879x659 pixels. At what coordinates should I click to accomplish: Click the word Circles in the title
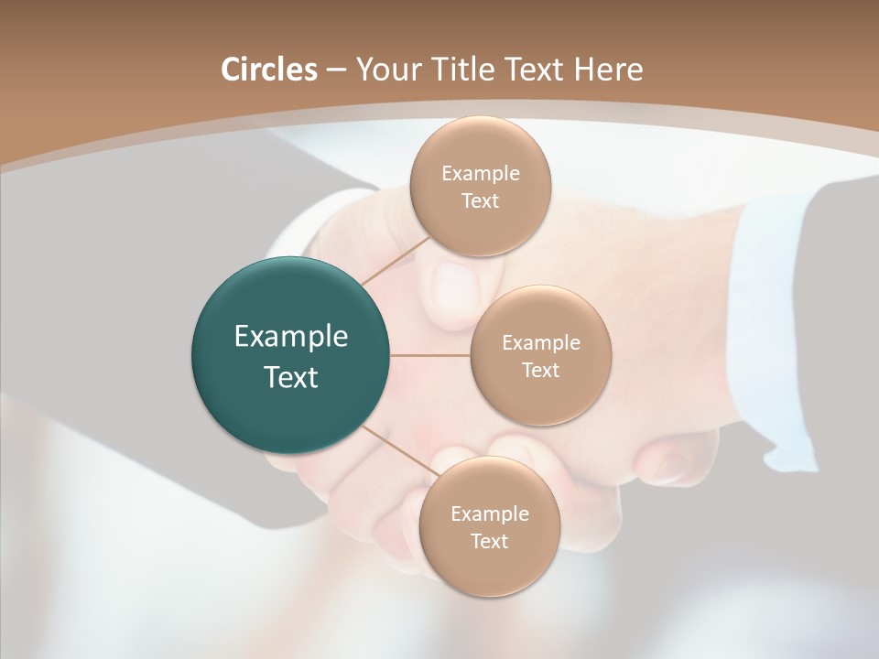pos(268,70)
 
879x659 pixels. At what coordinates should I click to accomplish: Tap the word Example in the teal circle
pos(290,337)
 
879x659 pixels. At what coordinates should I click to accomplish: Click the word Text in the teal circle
pos(290,377)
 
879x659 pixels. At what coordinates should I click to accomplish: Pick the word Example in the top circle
pos(480,174)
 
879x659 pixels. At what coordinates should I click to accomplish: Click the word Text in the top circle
pos(480,201)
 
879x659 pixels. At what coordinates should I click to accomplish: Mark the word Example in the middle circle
pos(540,343)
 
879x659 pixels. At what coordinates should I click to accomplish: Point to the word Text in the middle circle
pos(540,371)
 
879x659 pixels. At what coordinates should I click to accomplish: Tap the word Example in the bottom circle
pos(489,514)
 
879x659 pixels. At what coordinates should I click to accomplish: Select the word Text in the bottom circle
pos(489,542)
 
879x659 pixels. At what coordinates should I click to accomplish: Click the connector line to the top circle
pos(395,260)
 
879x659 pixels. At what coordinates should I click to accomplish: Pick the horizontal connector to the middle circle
pos(430,355)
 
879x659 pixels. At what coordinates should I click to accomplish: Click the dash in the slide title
pos(335,70)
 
